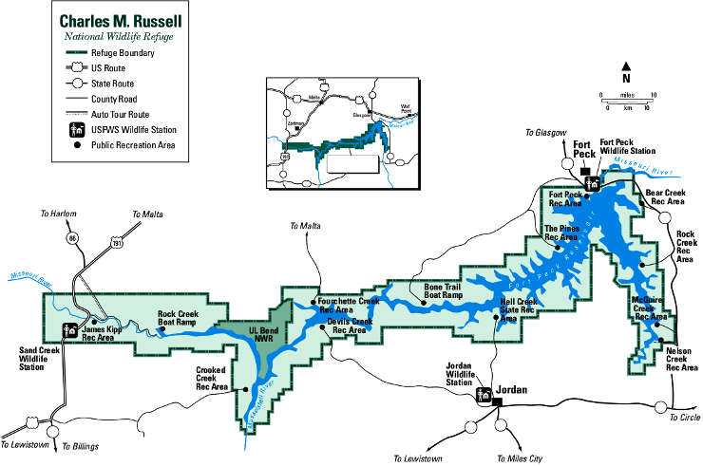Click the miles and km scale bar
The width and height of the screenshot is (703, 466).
627,98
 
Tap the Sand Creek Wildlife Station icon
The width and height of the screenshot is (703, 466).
69,331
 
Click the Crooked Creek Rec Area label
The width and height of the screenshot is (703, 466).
211,379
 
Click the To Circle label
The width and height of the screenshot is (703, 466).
684,418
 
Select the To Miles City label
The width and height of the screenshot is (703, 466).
519,457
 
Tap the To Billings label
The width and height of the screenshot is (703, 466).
80,445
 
